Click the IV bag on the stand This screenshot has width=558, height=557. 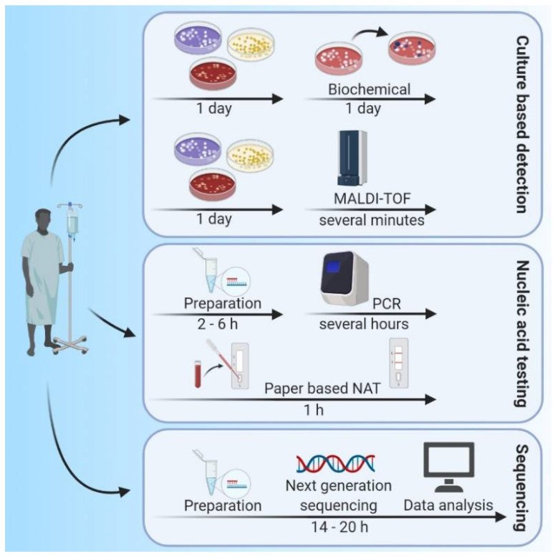pos(72,222)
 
